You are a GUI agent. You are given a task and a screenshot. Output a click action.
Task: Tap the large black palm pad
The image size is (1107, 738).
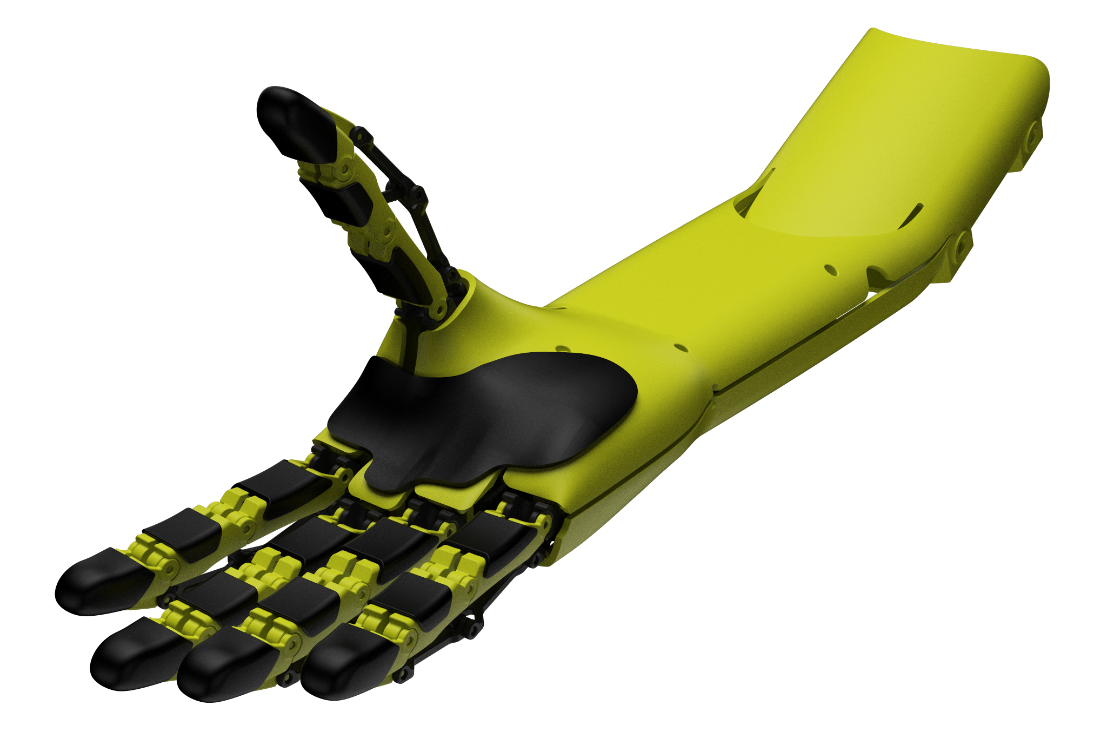(x=486, y=417)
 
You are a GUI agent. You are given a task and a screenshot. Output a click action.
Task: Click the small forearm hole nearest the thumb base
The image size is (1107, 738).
(x=563, y=348)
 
